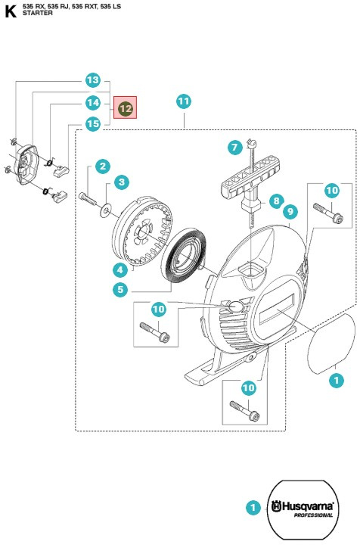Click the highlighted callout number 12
point(125,108)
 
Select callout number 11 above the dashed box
point(184,101)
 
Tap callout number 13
point(93,80)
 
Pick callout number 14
point(93,103)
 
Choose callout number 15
point(93,124)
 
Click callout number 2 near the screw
point(103,166)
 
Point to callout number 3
point(122,182)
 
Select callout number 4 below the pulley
point(120,270)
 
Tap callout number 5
point(120,289)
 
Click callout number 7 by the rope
point(234,147)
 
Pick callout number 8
point(277,201)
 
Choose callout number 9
point(290,212)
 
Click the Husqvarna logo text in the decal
point(303,506)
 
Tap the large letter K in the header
point(11,11)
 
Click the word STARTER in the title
point(38,13)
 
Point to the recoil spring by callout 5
point(184,257)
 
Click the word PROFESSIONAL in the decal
point(314,515)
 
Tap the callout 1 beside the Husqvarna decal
point(253,507)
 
